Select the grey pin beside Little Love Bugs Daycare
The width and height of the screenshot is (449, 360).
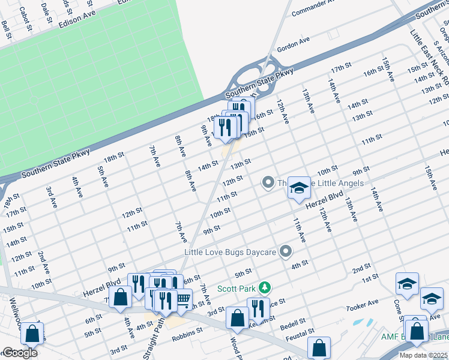(286, 251)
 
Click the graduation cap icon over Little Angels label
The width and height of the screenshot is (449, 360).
(297, 188)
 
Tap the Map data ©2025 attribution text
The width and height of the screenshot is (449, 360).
(424, 355)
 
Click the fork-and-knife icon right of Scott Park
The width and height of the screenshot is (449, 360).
(258, 308)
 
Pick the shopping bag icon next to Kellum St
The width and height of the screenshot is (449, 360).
(238, 317)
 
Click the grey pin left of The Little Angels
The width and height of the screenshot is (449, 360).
(268, 182)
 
